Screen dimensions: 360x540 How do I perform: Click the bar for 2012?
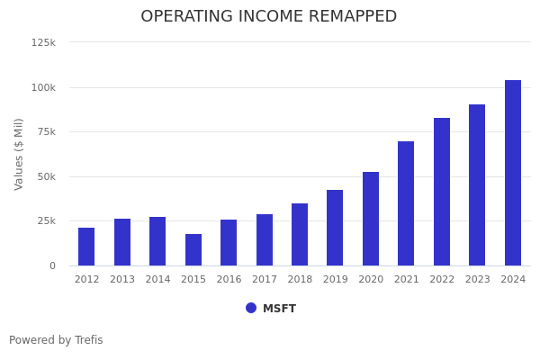pos(86,247)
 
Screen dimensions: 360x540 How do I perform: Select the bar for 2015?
pos(193,250)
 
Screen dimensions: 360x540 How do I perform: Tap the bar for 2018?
pos(300,234)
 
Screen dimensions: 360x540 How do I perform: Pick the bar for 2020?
pos(371,219)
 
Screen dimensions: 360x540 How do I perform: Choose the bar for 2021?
pos(406,203)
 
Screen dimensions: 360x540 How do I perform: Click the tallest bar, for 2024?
pos(513,173)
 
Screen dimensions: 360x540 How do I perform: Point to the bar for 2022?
pos(442,192)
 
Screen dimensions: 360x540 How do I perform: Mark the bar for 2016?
pos(229,243)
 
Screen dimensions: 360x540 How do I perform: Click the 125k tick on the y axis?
pos(43,42)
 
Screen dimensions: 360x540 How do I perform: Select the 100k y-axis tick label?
pos(43,87)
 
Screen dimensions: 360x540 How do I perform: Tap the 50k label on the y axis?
pos(46,176)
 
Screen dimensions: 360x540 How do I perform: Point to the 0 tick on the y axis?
pos(52,265)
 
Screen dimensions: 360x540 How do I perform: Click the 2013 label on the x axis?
pos(122,280)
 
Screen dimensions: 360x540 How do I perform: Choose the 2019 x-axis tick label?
pos(335,280)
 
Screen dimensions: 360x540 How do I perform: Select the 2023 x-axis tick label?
pos(477,280)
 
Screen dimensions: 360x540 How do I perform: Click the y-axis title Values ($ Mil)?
pos(19,154)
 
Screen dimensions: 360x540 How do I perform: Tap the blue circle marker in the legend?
pos(251,308)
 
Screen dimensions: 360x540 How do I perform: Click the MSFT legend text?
pos(279,309)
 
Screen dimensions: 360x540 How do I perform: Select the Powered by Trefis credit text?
pos(56,340)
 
